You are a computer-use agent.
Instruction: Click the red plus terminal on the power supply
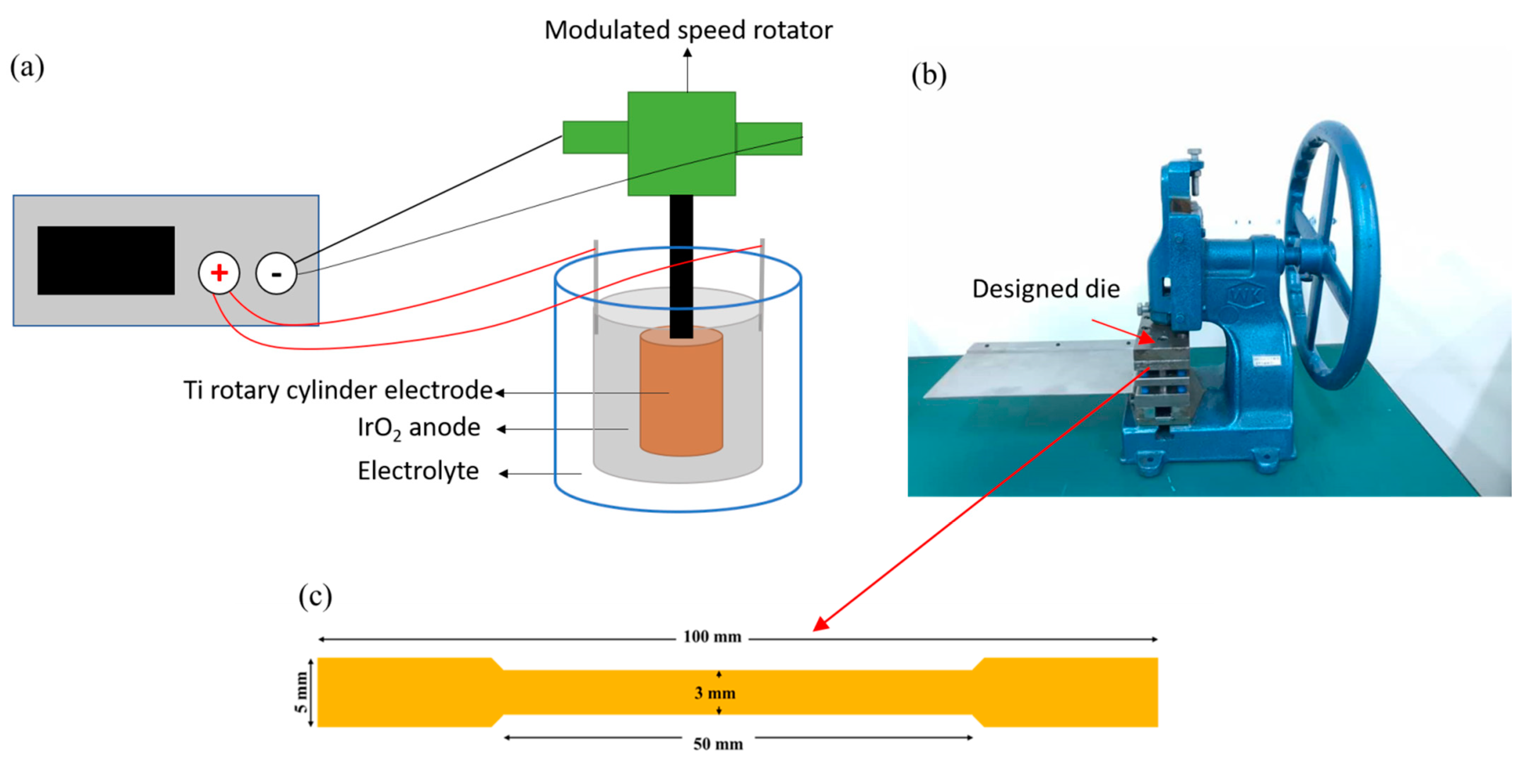click(219, 273)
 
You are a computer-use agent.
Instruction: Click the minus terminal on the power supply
click(276, 273)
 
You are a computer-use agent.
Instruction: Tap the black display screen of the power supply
click(106, 260)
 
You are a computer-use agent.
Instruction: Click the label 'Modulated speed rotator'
click(688, 30)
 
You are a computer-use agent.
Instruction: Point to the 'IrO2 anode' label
click(419, 428)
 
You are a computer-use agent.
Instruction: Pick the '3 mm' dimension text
click(715, 693)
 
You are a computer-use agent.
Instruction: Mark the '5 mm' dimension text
click(302, 692)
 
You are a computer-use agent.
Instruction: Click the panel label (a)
click(27, 67)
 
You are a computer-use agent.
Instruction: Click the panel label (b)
click(928, 75)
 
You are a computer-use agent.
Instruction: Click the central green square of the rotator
click(681, 143)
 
